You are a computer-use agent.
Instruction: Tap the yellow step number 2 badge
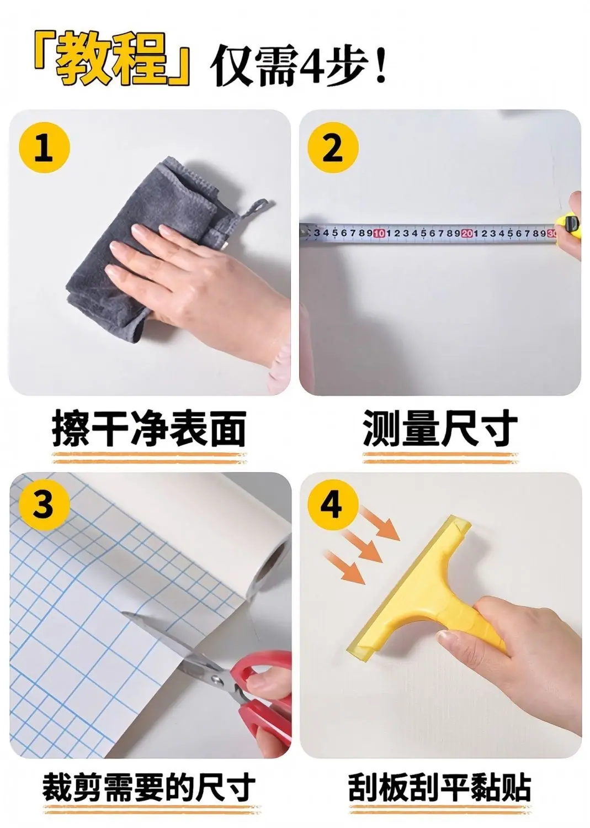click(x=333, y=148)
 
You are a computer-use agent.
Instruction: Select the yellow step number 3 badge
click(x=44, y=505)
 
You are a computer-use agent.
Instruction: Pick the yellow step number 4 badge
click(x=333, y=505)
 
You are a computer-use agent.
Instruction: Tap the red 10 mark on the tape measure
click(x=379, y=233)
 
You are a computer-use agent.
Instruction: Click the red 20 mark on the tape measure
click(x=467, y=233)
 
